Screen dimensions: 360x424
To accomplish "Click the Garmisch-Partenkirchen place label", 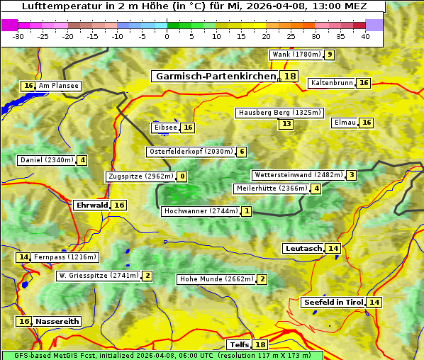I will [215, 77].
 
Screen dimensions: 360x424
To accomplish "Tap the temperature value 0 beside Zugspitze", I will [182, 176].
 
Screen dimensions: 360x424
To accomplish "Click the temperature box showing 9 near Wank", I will [329, 55].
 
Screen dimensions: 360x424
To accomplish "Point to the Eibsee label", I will [165, 128].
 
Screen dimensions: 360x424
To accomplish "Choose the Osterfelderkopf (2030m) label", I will [190, 152].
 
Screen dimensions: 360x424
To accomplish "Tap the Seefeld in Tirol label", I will [333, 303].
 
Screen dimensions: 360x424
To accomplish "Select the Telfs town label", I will [239, 345].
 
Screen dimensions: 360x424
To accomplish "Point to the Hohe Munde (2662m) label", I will [216, 279].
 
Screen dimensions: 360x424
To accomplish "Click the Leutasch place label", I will [303, 248].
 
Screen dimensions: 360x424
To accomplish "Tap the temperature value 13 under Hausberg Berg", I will [286, 124].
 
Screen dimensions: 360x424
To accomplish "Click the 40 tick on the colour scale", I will [365, 35].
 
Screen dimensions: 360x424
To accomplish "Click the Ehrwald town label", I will [91, 205].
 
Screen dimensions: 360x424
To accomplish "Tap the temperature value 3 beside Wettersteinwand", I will [352, 175].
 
